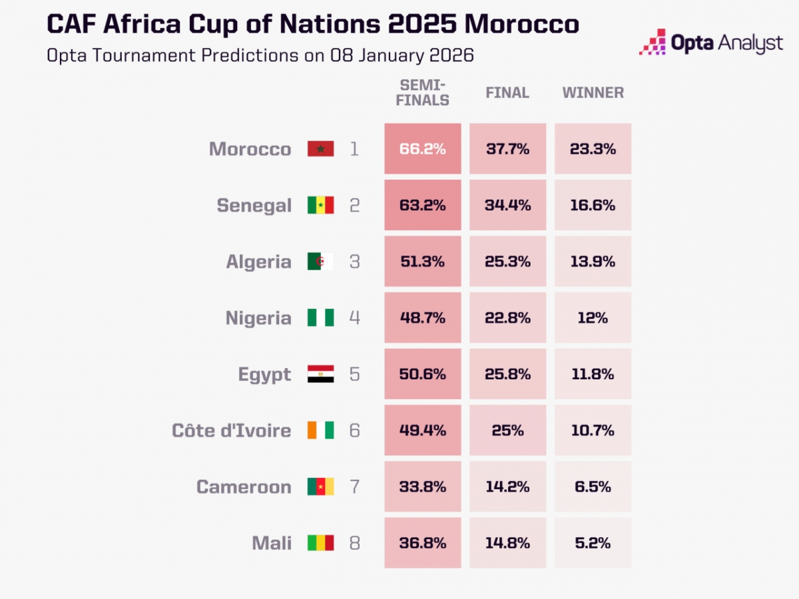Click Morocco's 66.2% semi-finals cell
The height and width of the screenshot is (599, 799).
(x=422, y=149)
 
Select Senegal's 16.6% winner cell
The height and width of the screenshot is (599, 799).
(x=593, y=205)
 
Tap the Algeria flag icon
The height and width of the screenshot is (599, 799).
(x=320, y=262)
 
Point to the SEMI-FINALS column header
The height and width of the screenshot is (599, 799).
(x=423, y=93)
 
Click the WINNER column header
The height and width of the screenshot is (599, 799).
(x=593, y=93)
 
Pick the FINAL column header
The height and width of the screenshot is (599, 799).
(x=507, y=93)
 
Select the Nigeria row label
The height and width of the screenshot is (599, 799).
(x=258, y=318)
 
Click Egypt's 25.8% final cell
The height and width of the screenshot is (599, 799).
(x=507, y=374)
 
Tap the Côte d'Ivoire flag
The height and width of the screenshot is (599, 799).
(x=320, y=431)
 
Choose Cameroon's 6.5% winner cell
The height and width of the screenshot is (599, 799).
(x=593, y=487)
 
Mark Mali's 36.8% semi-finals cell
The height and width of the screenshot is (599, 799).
(x=422, y=543)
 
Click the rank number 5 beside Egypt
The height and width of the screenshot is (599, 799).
(x=354, y=374)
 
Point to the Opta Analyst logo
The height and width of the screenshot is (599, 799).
(x=711, y=43)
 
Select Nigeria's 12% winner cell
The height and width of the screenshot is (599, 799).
(x=593, y=318)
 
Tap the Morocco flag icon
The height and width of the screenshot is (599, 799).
(x=320, y=149)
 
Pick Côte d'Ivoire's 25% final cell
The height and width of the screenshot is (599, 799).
(x=507, y=431)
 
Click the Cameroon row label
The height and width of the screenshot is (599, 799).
(x=244, y=487)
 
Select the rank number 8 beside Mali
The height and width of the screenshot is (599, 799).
(x=354, y=543)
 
